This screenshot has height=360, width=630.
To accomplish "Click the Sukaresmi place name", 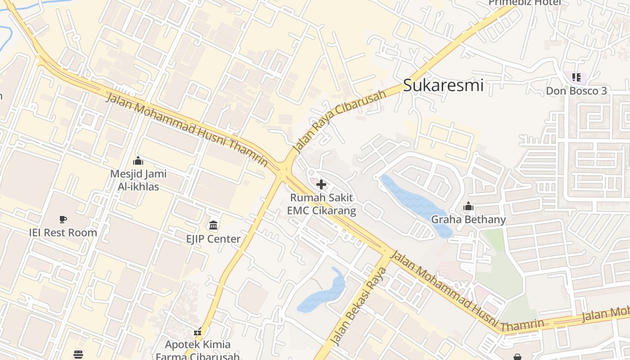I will [x=443, y=85].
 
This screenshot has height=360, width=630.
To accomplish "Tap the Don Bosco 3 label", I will [x=576, y=91].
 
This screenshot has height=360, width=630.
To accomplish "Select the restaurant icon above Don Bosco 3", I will [x=576, y=77].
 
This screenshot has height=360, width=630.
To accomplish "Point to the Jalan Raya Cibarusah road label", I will [x=339, y=121].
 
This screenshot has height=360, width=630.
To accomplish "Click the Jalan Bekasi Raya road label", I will [x=359, y=307].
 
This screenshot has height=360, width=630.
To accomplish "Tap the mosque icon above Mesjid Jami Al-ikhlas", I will [x=138, y=161].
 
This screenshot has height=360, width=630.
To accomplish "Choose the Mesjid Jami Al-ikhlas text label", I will [x=138, y=180].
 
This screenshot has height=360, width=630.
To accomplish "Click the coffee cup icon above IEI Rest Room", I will [x=63, y=219].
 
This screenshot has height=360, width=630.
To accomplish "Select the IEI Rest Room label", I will [x=63, y=233].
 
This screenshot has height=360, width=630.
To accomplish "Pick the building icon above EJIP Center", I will [x=213, y=225].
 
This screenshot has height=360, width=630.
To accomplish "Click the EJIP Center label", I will [x=213, y=239].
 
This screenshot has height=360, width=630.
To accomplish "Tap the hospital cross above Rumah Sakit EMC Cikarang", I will [x=321, y=184].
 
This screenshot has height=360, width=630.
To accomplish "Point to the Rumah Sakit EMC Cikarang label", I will [x=321, y=204].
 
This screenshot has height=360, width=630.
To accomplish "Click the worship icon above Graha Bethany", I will [x=468, y=206].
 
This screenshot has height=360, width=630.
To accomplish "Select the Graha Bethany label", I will [x=468, y=220].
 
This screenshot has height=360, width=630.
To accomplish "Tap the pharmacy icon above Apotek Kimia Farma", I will [x=198, y=333].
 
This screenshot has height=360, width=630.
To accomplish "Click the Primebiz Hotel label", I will [x=525, y=3].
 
